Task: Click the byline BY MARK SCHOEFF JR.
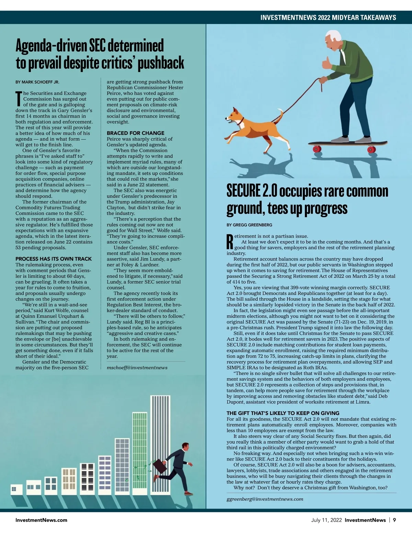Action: pyautogui.click(x=37, y=82)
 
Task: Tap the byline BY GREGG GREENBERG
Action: pyautogui.click(x=249, y=225)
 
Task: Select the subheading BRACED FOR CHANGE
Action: pyautogui.click(x=136, y=133)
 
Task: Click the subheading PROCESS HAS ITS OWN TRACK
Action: pyautogui.click(x=54, y=259)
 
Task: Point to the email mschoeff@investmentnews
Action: pyautogui.click(x=137, y=368)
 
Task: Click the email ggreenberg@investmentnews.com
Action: pyautogui.click(x=265, y=499)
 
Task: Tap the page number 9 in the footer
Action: pyautogui.click(x=394, y=520)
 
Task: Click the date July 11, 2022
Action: pyautogui.click(x=326, y=520)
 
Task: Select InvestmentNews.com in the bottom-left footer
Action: pyautogui.click(x=41, y=520)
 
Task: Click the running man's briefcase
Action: pyautogui.click(x=160, y=465)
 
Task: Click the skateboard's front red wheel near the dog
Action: pyautogui.click(x=317, y=149)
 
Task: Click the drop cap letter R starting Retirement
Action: pyautogui.click(x=230, y=242)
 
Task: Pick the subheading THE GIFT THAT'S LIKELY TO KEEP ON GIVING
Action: pyautogui.click(x=283, y=413)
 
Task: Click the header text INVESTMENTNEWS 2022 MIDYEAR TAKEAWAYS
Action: pyautogui.click(x=328, y=17)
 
